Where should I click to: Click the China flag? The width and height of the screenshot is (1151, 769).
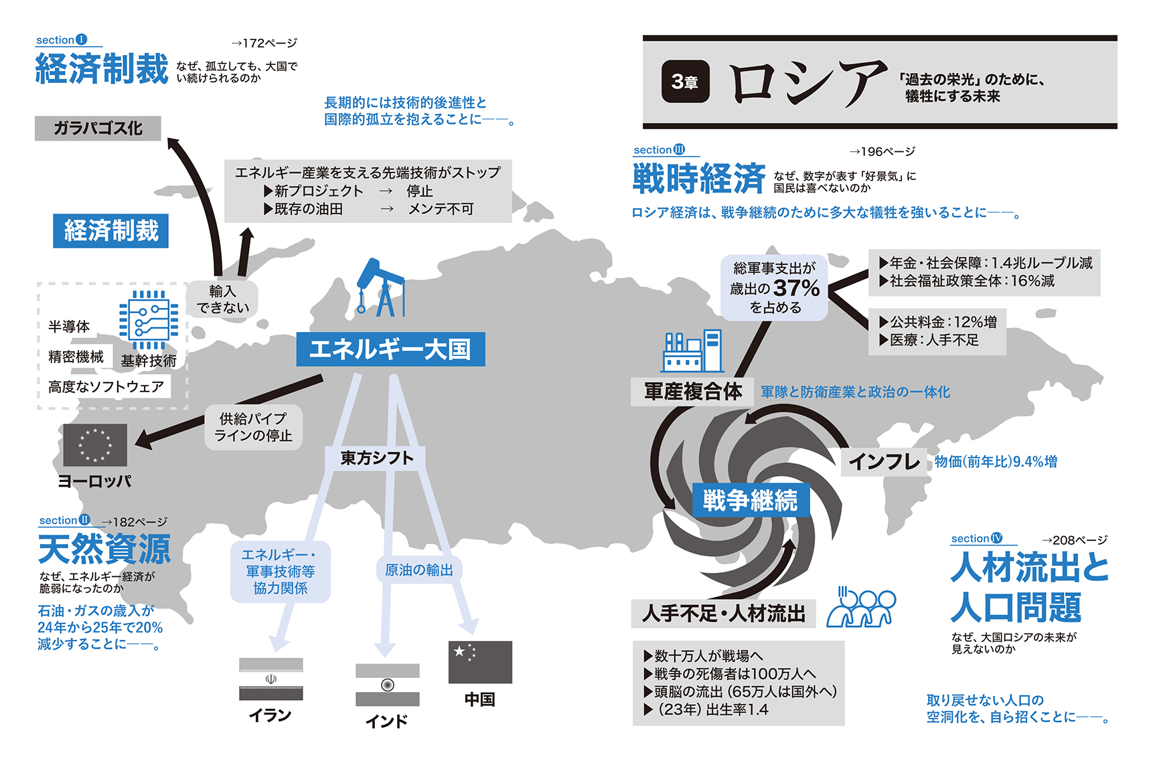pos(480,662)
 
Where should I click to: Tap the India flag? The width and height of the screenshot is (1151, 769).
pos(387,685)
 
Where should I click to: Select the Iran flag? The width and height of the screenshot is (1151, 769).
pos(271,679)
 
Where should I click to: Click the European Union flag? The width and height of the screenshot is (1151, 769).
pos(95,445)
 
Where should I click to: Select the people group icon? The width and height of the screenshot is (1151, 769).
pos(861,608)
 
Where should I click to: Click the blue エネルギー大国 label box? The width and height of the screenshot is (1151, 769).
pos(390,349)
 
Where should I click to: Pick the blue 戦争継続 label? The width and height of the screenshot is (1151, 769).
pos(750,500)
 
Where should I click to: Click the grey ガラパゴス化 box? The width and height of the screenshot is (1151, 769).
pos(98,129)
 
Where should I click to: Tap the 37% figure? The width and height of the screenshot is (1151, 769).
pos(796,288)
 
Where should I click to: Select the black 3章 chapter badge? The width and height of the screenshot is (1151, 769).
pos(685,82)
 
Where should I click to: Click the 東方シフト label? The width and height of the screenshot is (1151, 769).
pos(377,458)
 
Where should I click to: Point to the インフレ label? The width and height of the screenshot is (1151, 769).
pos(884,462)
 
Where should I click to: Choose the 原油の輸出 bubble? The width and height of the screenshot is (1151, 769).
pos(419,570)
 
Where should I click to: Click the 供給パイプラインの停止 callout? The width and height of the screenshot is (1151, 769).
pos(253,427)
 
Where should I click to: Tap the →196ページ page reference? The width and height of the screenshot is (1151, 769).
pos(882,152)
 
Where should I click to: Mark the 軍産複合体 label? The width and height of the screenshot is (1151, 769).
pos(692,392)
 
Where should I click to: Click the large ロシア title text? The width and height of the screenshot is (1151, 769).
pos(808,82)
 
